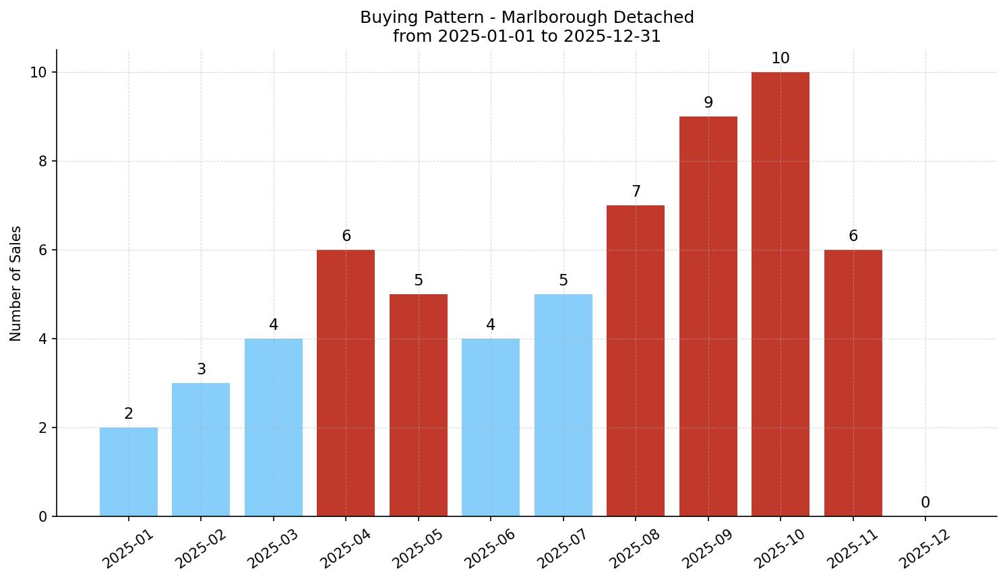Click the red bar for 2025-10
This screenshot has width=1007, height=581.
tap(781, 294)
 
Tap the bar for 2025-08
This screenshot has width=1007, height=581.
tap(636, 361)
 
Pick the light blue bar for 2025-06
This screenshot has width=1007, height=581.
tap(491, 428)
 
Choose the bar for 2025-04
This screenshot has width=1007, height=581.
tap(346, 383)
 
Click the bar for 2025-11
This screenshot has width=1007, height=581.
tap(853, 383)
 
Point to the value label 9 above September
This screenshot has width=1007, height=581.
tap(708, 103)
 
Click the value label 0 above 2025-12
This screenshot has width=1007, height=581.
tap(925, 503)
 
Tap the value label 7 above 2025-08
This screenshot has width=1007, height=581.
tap(636, 192)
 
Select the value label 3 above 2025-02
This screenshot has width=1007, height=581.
tap(201, 370)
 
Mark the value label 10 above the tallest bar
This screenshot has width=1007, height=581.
tap(781, 59)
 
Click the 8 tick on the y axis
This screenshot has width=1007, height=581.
tap(42, 162)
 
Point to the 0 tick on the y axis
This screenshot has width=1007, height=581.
tap(42, 517)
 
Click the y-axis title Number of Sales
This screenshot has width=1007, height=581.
tap(16, 283)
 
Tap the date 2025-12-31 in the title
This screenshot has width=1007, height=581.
tap(612, 36)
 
